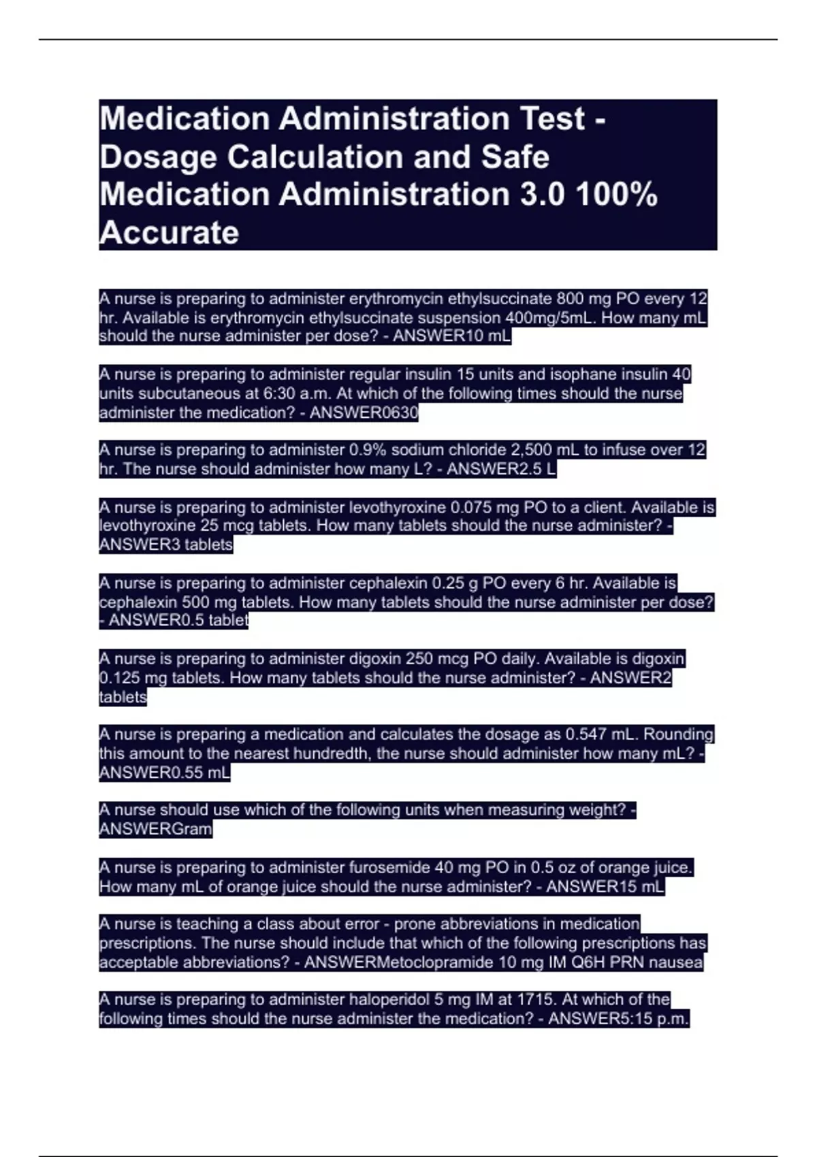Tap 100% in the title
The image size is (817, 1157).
617,195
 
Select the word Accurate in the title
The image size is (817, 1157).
169,233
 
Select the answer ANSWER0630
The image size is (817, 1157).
364,412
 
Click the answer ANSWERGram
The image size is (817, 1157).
155,829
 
